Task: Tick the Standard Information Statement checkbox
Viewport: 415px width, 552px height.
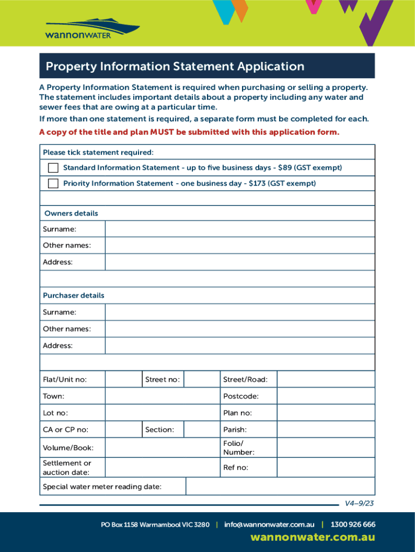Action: click(x=53, y=168)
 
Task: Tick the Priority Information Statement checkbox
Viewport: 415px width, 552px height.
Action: click(x=53, y=183)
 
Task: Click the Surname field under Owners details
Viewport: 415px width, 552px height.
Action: click(x=239, y=229)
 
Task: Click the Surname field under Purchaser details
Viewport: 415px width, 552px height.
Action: click(x=239, y=312)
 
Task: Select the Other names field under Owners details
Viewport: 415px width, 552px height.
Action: click(x=239, y=245)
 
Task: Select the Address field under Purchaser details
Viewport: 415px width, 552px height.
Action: click(x=239, y=346)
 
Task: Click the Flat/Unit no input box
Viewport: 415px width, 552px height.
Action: click(x=123, y=379)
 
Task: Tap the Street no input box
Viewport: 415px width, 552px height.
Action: click(x=201, y=379)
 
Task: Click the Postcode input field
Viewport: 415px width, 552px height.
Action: click(x=326, y=396)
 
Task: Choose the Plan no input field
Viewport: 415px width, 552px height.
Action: click(x=326, y=413)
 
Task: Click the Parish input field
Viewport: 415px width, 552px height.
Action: click(x=326, y=430)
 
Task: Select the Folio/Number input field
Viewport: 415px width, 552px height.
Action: click(x=326, y=447)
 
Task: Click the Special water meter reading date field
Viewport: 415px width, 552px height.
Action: click(x=280, y=487)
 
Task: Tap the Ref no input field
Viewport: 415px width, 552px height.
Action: click(x=326, y=467)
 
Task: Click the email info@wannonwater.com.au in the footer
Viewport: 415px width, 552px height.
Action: click(x=269, y=525)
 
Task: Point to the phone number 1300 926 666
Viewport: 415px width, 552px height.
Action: click(x=353, y=525)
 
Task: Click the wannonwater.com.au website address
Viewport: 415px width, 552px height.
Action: click(x=313, y=537)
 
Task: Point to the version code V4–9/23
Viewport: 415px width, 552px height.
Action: click(x=359, y=503)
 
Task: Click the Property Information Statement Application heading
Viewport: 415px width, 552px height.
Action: click(x=175, y=66)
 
